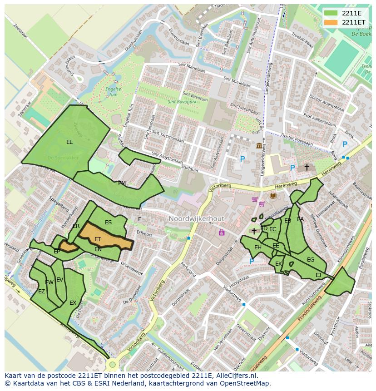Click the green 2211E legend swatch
coord(331,13)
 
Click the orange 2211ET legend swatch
coord(331,22)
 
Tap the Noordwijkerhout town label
coord(196,219)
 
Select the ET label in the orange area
coord(98,239)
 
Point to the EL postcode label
coord(69,142)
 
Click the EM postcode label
coord(122,183)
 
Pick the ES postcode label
coord(108,223)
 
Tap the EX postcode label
coord(73,302)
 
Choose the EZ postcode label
coord(41,292)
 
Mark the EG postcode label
coord(311,260)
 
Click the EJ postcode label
coord(318,275)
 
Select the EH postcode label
coord(257,247)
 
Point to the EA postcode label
coord(300,219)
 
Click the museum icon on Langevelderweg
coord(259,145)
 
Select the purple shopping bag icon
coord(222,233)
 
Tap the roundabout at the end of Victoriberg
coord(112,364)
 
